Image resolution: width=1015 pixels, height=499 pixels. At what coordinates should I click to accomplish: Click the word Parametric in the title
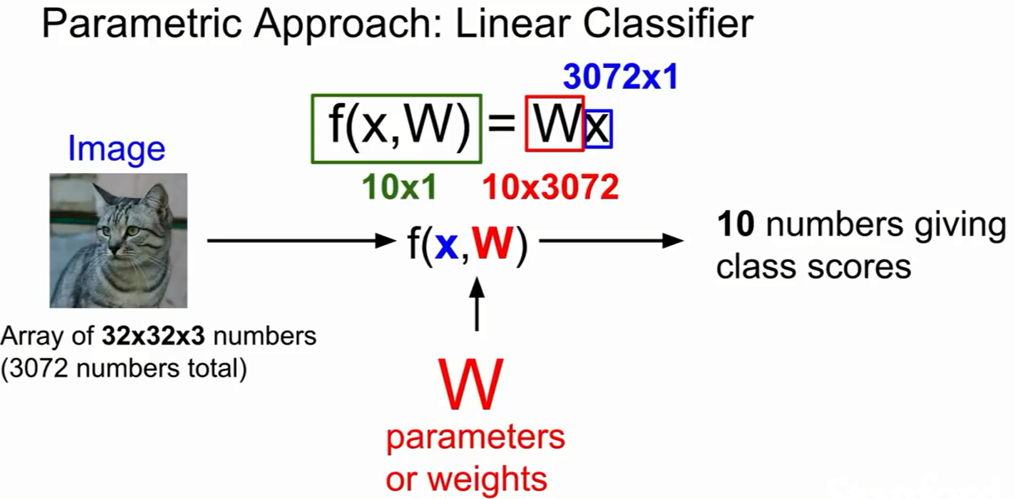[x=142, y=24]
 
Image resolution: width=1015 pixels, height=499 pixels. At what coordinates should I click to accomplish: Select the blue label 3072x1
[x=620, y=76]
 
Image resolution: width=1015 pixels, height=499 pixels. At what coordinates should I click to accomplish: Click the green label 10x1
[x=399, y=187]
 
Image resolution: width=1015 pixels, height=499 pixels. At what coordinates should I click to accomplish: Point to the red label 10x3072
[x=550, y=187]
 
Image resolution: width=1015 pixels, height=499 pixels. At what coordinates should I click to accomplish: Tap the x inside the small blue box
[x=598, y=129]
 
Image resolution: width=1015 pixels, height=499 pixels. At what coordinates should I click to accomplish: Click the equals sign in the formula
[x=501, y=123]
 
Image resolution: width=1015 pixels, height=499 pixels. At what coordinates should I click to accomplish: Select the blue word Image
[x=116, y=148]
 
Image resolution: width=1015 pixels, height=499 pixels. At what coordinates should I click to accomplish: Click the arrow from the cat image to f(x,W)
[x=301, y=241]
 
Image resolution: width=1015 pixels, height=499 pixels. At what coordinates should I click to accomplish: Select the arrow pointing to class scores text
[x=611, y=241]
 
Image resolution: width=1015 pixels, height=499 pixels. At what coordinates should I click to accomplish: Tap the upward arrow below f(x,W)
[x=477, y=304]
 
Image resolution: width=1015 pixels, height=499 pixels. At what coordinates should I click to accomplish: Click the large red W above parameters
[x=471, y=384]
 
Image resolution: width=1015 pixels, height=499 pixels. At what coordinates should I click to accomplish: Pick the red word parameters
[x=475, y=438]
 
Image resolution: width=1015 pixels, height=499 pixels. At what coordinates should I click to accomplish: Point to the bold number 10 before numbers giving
[x=736, y=224]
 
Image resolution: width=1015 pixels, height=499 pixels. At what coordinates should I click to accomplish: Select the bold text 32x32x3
[x=153, y=336]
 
